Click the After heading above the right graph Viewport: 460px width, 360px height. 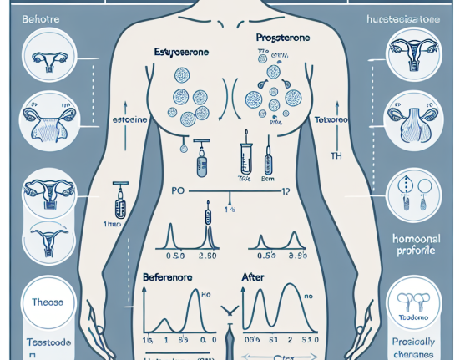[251, 276]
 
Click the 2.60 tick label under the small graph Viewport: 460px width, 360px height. [206, 255]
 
